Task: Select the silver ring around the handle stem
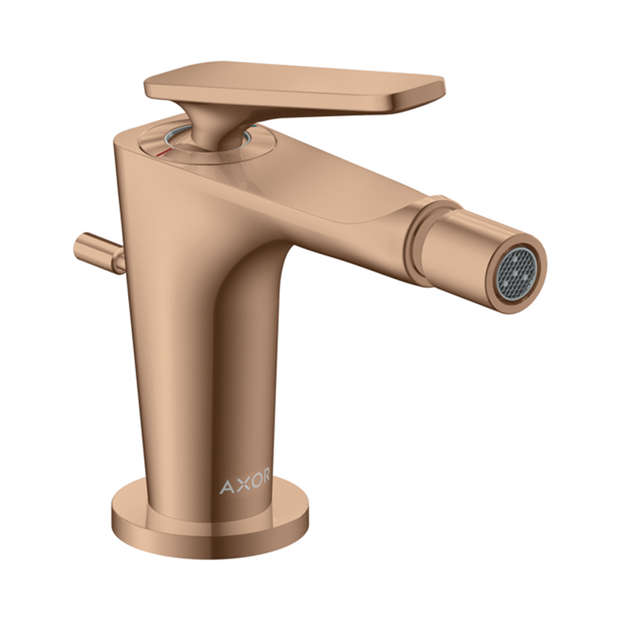click(169, 139)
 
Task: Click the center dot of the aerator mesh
click(518, 271)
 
